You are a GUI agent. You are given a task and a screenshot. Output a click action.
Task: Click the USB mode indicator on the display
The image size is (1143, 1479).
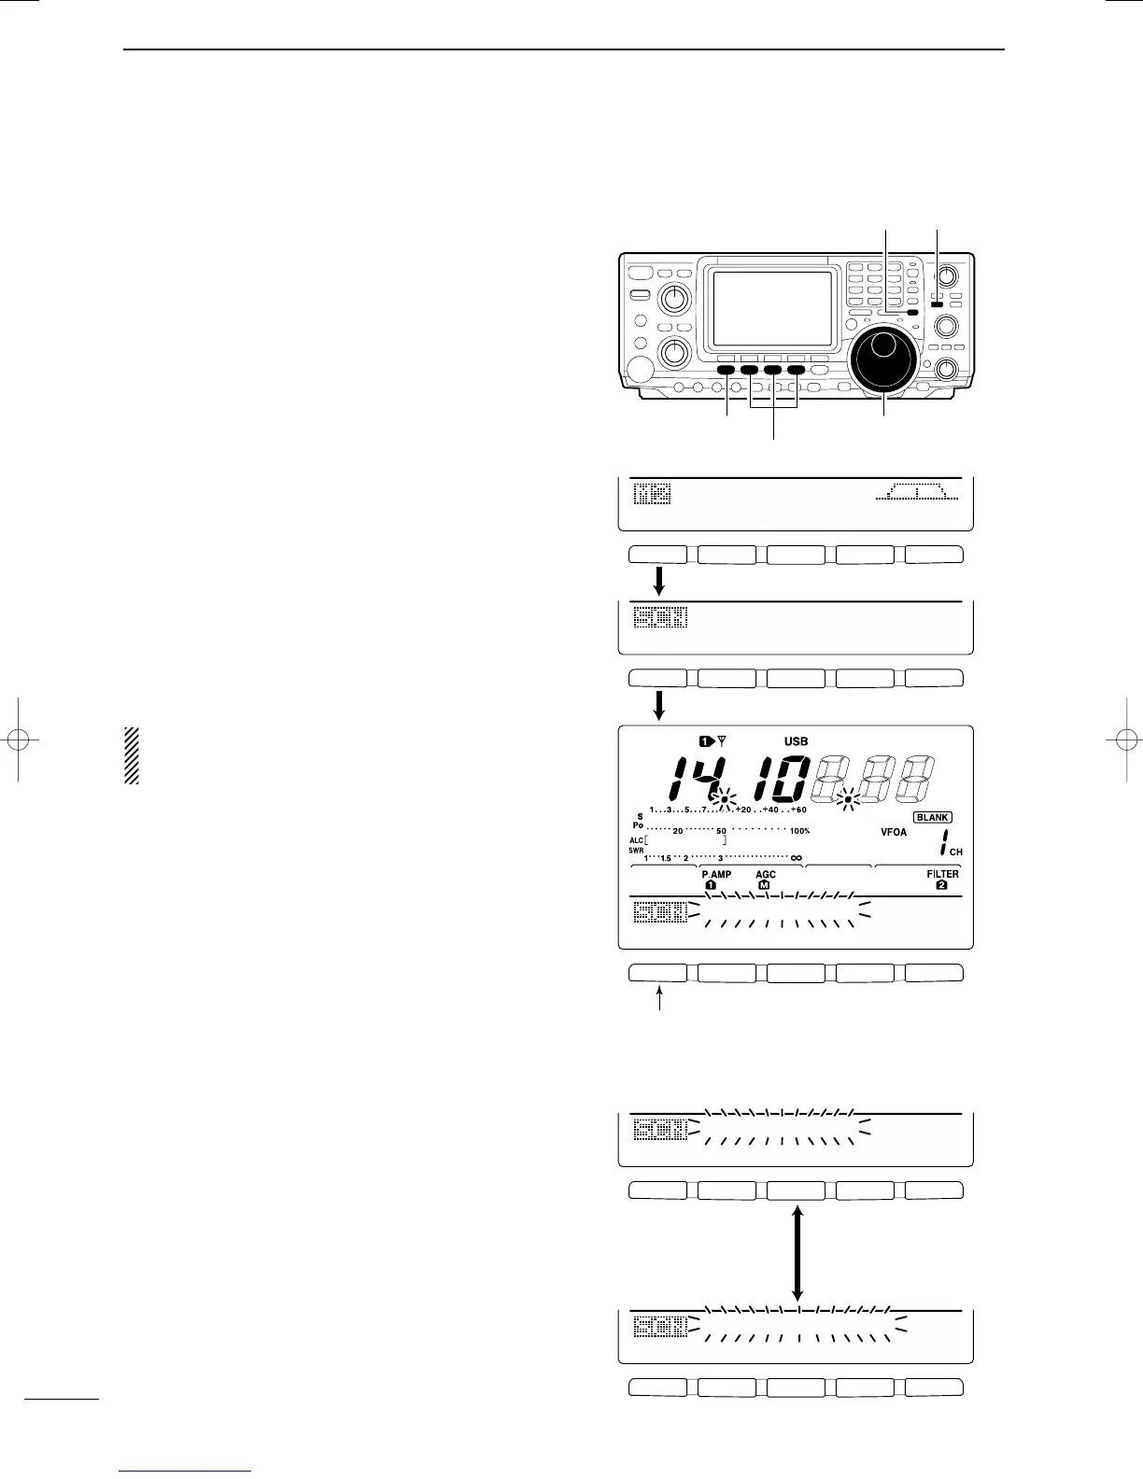(x=796, y=741)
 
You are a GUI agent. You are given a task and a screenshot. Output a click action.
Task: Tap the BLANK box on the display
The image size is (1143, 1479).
(x=932, y=817)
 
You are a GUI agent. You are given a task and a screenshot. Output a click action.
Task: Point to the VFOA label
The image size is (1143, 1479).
(x=894, y=832)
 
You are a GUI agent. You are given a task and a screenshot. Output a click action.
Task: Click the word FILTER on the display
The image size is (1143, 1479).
(x=942, y=875)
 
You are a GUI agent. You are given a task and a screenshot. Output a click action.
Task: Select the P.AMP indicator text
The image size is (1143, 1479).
(x=716, y=875)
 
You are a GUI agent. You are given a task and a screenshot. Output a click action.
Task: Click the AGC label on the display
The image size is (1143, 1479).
(x=766, y=875)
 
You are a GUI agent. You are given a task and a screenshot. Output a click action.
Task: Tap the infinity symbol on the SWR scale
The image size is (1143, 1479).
(x=796, y=858)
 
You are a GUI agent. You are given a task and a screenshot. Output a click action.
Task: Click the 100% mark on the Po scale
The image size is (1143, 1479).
(x=799, y=831)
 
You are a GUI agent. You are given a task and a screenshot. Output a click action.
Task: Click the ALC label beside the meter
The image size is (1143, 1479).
(x=635, y=840)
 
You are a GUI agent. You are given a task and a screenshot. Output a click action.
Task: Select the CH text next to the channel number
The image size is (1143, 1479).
(x=955, y=852)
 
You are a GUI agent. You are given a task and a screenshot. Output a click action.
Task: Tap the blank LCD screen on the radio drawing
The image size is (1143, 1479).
(x=772, y=308)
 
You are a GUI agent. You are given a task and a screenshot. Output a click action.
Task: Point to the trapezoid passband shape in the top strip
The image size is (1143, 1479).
(x=917, y=492)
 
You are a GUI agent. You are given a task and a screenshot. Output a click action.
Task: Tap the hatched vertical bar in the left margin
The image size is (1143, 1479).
(x=132, y=755)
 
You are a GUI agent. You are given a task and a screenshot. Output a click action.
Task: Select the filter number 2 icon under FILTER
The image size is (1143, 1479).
(x=941, y=885)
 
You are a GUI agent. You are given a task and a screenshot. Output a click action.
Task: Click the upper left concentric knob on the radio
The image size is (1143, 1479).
(x=671, y=299)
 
